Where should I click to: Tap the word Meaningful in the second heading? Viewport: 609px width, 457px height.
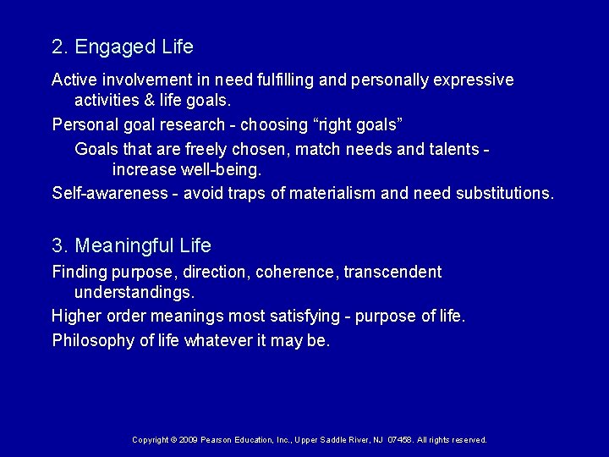[126, 245]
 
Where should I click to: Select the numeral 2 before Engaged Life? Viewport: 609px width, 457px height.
[57, 45]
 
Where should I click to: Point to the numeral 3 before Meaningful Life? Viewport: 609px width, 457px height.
[57, 245]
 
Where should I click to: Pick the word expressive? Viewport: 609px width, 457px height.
[471, 80]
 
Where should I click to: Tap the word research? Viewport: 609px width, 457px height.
[196, 125]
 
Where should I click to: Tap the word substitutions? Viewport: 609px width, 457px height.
[504, 194]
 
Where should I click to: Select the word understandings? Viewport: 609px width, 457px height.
[134, 293]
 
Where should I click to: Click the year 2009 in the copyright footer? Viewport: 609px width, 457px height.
[188, 440]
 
